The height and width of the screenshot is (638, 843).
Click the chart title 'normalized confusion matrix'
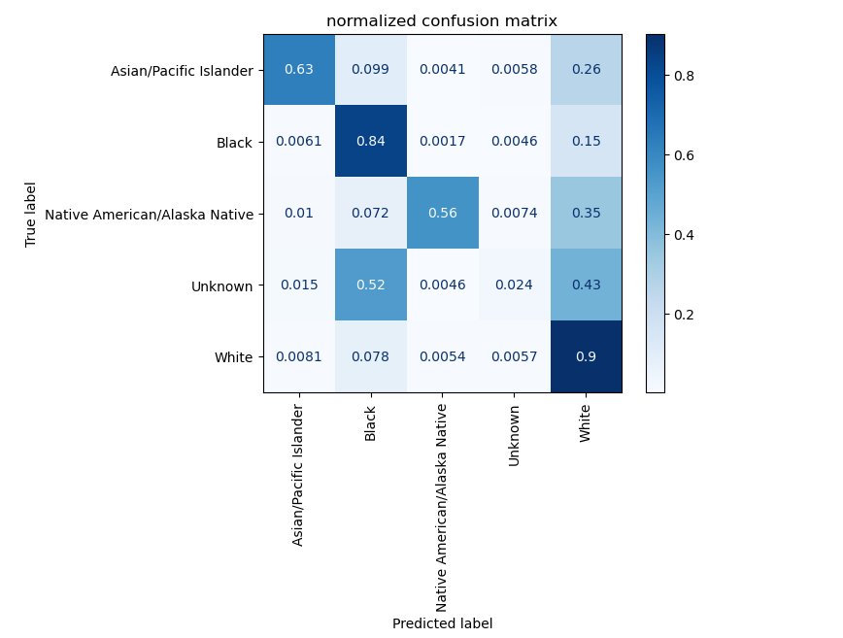coord(442,21)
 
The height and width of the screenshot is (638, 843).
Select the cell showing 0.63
coord(299,70)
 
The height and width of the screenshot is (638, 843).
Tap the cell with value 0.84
coord(371,142)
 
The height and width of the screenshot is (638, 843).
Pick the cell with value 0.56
coord(443,214)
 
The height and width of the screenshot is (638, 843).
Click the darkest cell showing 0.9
coord(586,356)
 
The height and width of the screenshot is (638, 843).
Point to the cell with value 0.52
coord(371,285)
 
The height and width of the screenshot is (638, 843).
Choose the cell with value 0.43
coord(586,285)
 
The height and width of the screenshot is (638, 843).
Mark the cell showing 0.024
coord(514,285)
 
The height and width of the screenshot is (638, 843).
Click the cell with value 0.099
coord(371,70)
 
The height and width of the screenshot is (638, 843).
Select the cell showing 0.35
coord(586,214)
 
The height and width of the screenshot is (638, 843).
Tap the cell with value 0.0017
coord(443,142)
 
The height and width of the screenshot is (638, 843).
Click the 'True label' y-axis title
coord(32,214)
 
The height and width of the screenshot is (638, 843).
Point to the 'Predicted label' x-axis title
coord(442,623)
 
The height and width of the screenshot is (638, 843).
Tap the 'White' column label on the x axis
coord(586,422)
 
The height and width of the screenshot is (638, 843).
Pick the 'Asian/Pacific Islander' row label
coord(182,70)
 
